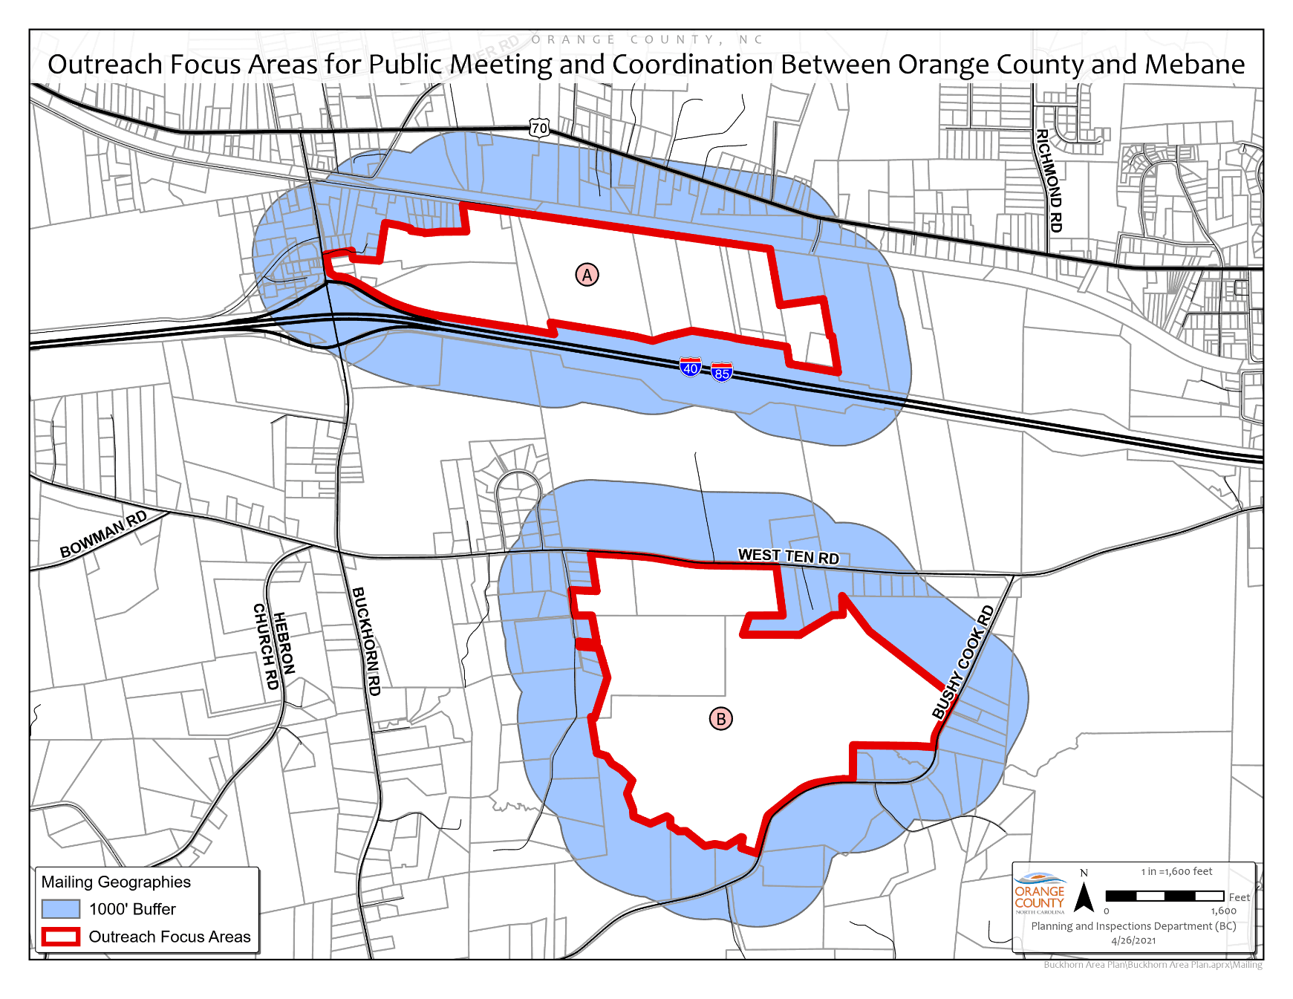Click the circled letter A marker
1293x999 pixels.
(x=587, y=275)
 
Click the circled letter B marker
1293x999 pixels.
(x=720, y=718)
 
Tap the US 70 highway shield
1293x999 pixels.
(x=539, y=128)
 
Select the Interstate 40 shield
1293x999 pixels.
(x=691, y=367)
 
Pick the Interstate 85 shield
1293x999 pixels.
(x=722, y=372)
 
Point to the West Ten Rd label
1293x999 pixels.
(x=788, y=556)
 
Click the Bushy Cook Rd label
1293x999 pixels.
(x=963, y=663)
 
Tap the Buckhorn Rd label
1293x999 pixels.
(x=366, y=641)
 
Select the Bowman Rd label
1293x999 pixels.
(x=103, y=534)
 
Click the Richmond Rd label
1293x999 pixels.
(x=1049, y=180)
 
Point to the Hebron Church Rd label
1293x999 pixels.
(x=275, y=646)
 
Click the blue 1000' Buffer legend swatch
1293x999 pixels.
(x=60, y=909)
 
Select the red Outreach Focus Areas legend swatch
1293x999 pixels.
(x=60, y=937)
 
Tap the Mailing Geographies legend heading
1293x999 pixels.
(x=116, y=882)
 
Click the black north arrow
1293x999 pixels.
(x=1084, y=897)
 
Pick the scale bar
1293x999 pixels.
(x=1165, y=897)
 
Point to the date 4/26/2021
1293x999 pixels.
(x=1133, y=940)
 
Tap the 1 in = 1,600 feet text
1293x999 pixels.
(x=1176, y=871)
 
